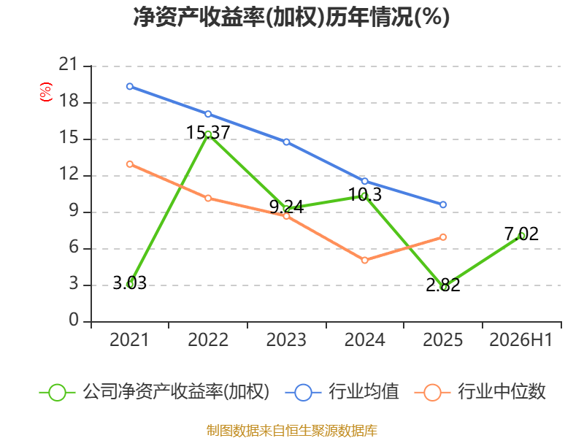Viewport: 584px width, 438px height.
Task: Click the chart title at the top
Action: [x=291, y=17]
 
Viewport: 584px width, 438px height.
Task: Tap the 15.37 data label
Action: [x=208, y=133]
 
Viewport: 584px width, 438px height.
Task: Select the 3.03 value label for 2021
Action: [x=130, y=283]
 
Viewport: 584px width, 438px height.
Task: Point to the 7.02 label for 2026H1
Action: [x=521, y=234]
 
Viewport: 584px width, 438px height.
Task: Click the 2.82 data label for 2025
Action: [x=443, y=285]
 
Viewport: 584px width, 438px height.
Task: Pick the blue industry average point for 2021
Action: [x=130, y=86]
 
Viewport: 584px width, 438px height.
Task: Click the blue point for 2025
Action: [x=443, y=204]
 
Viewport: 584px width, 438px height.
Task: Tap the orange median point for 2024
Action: [x=364, y=260]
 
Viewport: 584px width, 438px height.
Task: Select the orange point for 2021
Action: [x=130, y=164]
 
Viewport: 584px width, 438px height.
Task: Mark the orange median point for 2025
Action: [x=443, y=237]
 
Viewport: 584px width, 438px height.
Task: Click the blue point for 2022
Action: [x=208, y=114]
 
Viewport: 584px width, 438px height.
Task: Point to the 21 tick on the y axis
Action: [x=69, y=65]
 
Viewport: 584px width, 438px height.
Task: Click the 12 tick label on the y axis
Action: [x=69, y=174]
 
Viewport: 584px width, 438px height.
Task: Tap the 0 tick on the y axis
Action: [x=74, y=320]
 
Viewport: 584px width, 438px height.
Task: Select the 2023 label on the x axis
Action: [x=286, y=339]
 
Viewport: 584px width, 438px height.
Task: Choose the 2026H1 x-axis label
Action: [x=520, y=339]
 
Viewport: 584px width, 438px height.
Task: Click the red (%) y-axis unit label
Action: [x=46, y=92]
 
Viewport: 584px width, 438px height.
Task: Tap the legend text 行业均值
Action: [x=364, y=392]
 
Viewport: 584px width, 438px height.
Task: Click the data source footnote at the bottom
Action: [x=292, y=431]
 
